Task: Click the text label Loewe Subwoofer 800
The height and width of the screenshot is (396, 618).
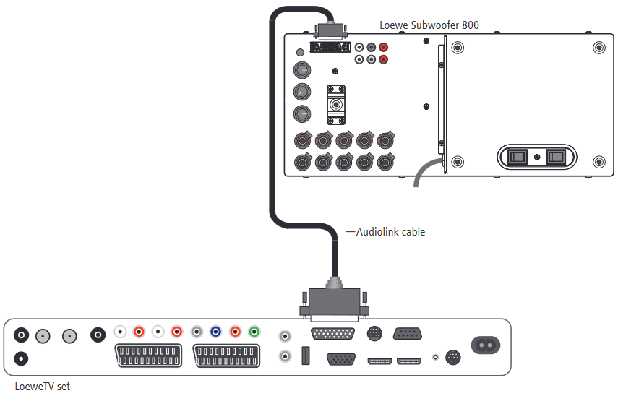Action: click(429, 25)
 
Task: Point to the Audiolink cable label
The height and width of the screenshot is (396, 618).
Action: click(390, 232)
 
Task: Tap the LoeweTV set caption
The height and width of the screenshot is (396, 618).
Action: click(42, 386)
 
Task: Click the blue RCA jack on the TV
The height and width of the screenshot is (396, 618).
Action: click(215, 332)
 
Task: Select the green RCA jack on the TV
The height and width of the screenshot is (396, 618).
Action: click(254, 332)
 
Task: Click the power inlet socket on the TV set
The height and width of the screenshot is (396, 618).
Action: click(486, 345)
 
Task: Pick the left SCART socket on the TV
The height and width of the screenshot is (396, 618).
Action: click(148, 356)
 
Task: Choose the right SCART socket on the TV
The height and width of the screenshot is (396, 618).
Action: click(226, 356)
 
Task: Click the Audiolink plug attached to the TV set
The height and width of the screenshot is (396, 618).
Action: click(334, 300)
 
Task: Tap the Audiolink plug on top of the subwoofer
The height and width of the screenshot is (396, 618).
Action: click(330, 30)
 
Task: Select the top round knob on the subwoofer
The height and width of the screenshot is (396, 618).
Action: click(302, 70)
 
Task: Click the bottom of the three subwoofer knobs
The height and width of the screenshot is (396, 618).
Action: click(302, 114)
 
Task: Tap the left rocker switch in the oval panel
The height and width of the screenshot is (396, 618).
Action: click(517, 157)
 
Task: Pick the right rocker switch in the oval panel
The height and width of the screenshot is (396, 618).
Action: click(556, 157)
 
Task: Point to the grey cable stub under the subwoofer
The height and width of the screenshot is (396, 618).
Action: click(425, 168)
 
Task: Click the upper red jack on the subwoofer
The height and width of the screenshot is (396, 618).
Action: click(384, 47)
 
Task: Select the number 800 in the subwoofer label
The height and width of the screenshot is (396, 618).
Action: click(471, 25)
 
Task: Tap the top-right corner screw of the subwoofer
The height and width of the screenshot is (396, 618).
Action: click(599, 48)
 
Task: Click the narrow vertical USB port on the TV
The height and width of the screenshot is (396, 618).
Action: click(306, 356)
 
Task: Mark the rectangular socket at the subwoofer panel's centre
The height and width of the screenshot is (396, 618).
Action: click(336, 105)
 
